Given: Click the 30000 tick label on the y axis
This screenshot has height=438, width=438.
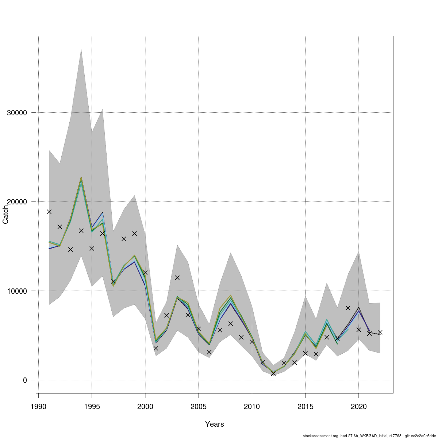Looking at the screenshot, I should [x=17, y=112].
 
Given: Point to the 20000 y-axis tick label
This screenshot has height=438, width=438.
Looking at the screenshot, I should [x=17, y=202].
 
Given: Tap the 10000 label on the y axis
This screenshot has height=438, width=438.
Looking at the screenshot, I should [x=17, y=291].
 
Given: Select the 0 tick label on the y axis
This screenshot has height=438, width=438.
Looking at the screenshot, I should [x=25, y=380].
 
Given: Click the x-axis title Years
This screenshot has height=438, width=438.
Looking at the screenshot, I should [x=215, y=424].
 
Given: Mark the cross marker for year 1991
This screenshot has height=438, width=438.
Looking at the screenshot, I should [x=49, y=211].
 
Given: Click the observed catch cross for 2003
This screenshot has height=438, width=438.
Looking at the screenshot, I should [x=177, y=277].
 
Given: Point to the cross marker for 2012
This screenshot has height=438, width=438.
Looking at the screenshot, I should [x=273, y=373].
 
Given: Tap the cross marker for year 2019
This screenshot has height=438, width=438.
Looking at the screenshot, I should [x=348, y=308].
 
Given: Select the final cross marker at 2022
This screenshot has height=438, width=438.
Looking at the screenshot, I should [x=380, y=332].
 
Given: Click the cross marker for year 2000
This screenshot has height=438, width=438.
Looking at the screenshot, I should [x=145, y=272].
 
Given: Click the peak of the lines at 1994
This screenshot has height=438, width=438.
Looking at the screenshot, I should [x=81, y=178].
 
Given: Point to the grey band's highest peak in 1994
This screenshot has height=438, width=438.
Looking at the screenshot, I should [x=81, y=49].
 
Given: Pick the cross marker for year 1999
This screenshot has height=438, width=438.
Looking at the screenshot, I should [x=134, y=233].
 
